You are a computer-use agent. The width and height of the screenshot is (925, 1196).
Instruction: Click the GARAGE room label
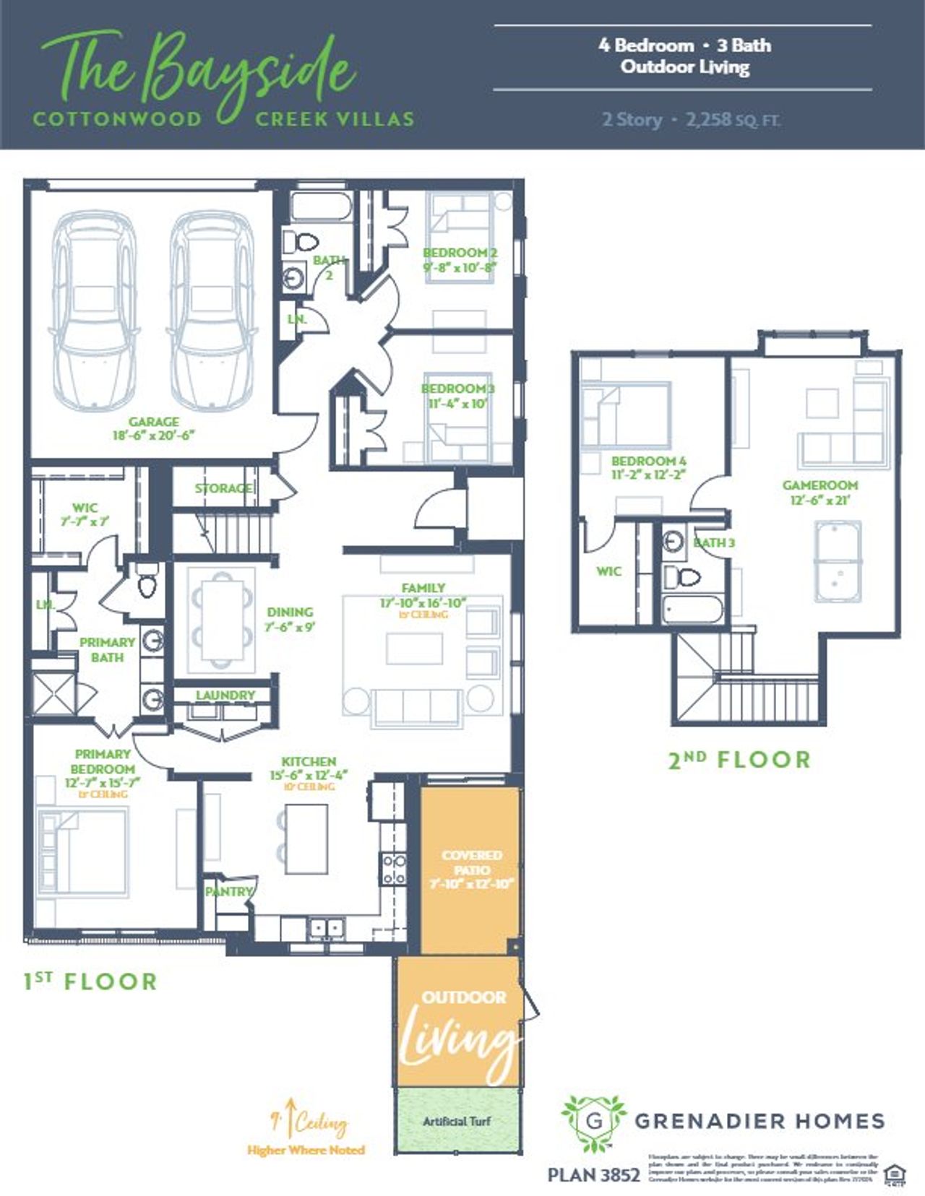(153, 422)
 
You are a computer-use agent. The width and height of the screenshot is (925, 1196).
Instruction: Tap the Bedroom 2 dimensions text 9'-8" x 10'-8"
(460, 266)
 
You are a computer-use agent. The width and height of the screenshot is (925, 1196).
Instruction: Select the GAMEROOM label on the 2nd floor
(820, 485)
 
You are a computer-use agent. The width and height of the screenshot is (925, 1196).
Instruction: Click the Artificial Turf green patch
(457, 1121)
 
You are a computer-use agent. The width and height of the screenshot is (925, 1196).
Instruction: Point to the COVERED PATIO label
(471, 862)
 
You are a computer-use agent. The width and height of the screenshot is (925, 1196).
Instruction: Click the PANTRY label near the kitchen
(228, 891)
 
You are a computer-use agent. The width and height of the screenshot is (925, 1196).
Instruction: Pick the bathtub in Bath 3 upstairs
(692, 610)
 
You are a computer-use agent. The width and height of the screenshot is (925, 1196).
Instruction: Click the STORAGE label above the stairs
(224, 488)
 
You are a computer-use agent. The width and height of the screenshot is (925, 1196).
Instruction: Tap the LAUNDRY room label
(225, 695)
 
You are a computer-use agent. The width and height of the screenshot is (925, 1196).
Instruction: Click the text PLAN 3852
(593, 1175)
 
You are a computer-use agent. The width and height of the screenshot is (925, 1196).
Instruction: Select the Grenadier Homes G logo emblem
(594, 1121)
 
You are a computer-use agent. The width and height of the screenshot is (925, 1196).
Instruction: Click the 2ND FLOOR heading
(739, 760)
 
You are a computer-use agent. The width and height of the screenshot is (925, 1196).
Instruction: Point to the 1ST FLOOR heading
(90, 981)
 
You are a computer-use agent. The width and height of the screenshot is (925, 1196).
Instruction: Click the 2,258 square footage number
(708, 119)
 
